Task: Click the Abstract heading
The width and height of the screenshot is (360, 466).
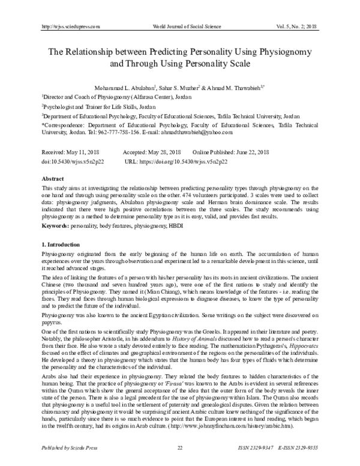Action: (52, 179)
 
